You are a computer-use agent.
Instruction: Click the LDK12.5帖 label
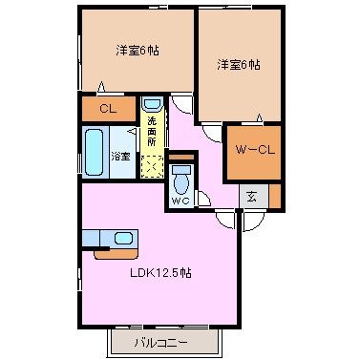160,273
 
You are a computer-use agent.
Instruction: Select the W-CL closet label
255,150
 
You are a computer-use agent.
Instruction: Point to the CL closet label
108,109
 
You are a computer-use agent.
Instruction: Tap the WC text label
180,201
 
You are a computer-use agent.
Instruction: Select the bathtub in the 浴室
95,152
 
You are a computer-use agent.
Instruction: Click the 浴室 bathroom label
120,157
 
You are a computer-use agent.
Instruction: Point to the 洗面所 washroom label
152,131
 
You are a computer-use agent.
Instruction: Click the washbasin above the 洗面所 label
152,104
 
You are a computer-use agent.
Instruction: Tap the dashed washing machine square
152,166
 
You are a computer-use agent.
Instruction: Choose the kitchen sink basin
123,238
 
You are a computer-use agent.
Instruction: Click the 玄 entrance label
251,198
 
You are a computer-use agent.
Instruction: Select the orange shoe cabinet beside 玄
275,196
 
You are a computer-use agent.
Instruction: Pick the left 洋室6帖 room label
138,51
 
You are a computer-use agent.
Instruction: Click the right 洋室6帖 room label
239,65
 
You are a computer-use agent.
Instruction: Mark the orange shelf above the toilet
181,157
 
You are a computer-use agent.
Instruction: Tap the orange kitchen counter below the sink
116,254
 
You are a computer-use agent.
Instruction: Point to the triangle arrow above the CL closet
101,87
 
